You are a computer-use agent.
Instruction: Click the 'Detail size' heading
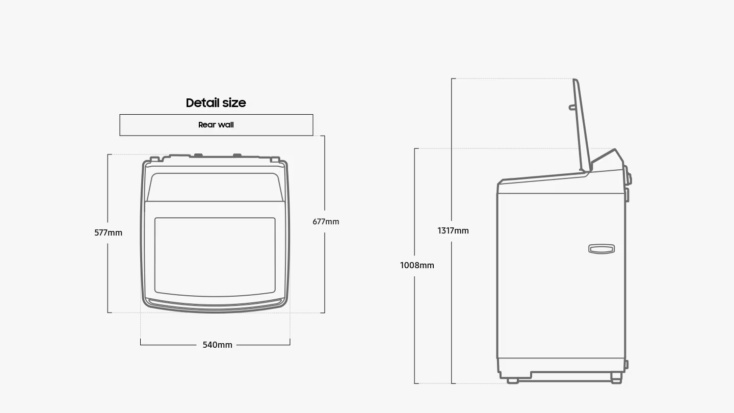pyautogui.click(x=216, y=103)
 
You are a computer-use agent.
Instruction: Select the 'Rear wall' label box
pyautogui.click(x=216, y=125)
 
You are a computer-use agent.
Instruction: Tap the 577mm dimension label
pyautogui.click(x=108, y=233)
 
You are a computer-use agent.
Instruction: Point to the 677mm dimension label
pyautogui.click(x=326, y=222)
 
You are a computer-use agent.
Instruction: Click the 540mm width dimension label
pyautogui.click(x=217, y=345)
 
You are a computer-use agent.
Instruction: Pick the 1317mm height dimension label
pyautogui.click(x=453, y=231)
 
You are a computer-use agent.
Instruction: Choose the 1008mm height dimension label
pyautogui.click(x=417, y=266)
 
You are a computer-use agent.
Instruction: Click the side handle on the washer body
pyautogui.click(x=601, y=249)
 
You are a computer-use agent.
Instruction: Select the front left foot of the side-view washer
pyautogui.click(x=513, y=380)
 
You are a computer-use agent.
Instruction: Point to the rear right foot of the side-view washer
pyautogui.click(x=616, y=380)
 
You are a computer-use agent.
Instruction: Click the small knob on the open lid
pyautogui.click(x=572, y=107)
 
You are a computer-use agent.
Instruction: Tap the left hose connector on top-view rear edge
pyautogui.click(x=198, y=156)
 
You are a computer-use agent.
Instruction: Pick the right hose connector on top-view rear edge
pyautogui.click(x=237, y=156)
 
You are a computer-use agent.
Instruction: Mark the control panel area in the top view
pyautogui.click(x=215, y=187)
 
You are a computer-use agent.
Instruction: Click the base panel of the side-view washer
pyautogui.click(x=561, y=364)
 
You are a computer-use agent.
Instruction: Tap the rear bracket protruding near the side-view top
pyautogui.click(x=629, y=178)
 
